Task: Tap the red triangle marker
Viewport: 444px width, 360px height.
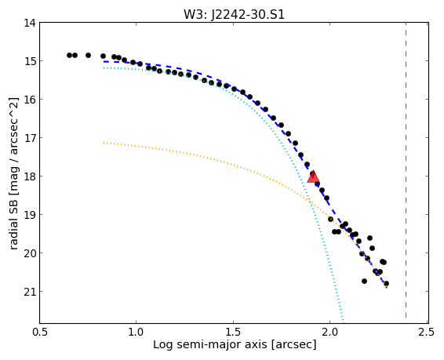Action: (x=313, y=177)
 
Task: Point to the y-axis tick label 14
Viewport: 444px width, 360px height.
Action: (x=30, y=23)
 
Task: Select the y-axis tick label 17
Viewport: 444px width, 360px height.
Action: (x=30, y=138)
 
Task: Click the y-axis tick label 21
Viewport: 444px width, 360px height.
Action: (x=30, y=292)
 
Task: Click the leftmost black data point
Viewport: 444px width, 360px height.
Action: (x=69, y=55)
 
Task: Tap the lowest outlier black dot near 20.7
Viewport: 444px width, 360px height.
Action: (x=365, y=281)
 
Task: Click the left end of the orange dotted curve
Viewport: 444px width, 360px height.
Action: (x=104, y=143)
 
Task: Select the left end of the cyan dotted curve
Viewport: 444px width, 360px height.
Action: (x=104, y=68)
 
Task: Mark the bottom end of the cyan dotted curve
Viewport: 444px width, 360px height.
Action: (x=344, y=322)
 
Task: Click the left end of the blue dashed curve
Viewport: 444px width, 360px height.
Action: (x=104, y=61)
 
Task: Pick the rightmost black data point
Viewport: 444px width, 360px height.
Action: (x=386, y=283)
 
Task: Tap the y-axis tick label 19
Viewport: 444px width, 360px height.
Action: (x=30, y=215)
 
